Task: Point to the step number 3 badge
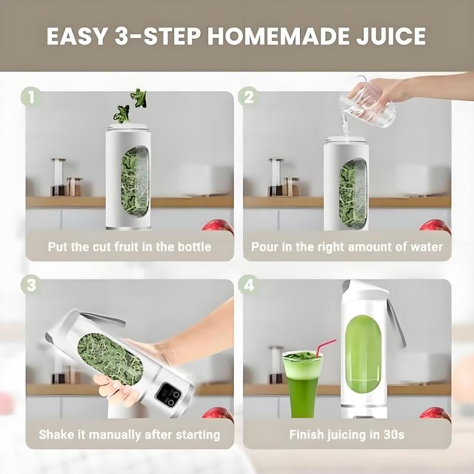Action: (31, 285)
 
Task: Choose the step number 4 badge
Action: (248, 285)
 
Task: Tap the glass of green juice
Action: (302, 379)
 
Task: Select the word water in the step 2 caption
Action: (427, 246)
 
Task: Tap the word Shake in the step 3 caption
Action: (57, 435)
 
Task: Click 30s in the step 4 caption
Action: (393, 435)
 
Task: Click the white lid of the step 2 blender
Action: (346, 140)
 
